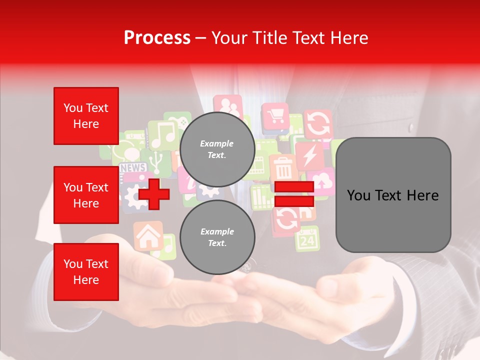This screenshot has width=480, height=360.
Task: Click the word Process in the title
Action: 157,38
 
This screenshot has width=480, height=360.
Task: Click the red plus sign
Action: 153,192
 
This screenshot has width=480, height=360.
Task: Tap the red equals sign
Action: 294,194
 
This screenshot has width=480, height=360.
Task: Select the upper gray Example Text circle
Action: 217,149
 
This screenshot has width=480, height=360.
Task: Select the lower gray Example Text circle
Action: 217,237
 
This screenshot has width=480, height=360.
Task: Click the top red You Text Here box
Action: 86,116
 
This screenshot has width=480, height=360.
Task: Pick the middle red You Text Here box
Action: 86,195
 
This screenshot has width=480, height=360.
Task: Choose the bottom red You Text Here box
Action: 86,271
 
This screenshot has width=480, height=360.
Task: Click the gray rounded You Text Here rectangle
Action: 393,195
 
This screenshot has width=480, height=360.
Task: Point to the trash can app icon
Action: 283,168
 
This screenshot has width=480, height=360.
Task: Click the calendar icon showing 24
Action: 307,239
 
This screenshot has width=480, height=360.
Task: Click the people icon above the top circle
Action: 227,106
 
